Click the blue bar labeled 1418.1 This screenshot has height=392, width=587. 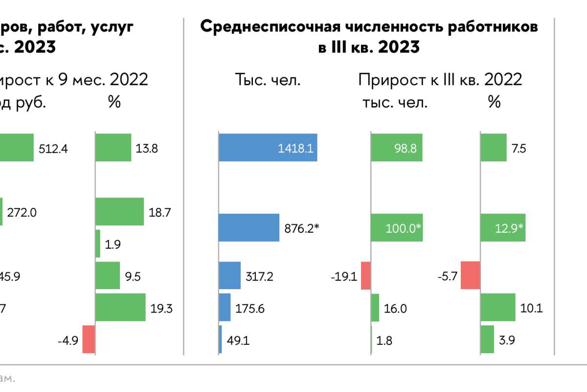tap(268, 147)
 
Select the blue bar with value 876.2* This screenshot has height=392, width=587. tap(248, 227)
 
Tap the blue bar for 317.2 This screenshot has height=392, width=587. tap(229, 275)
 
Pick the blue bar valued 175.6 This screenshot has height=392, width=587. tap(225, 307)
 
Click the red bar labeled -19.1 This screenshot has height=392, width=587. tap(365, 275)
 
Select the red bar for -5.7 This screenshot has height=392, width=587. tap(471, 275)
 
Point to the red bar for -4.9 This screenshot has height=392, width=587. tap(89, 339)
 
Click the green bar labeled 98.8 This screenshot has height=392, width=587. tap(396, 147)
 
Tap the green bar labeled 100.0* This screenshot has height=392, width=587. tap(396, 227)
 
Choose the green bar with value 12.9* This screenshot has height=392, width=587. tap(503, 227)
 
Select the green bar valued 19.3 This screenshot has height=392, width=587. tap(120, 307)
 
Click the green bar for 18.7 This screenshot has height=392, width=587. tap(119, 211)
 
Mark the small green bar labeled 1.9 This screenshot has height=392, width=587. tap(98, 244)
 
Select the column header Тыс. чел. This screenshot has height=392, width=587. tap(268, 80)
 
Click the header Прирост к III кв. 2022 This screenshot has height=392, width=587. tap(440, 79)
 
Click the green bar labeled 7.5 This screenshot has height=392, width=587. tap(494, 147)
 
